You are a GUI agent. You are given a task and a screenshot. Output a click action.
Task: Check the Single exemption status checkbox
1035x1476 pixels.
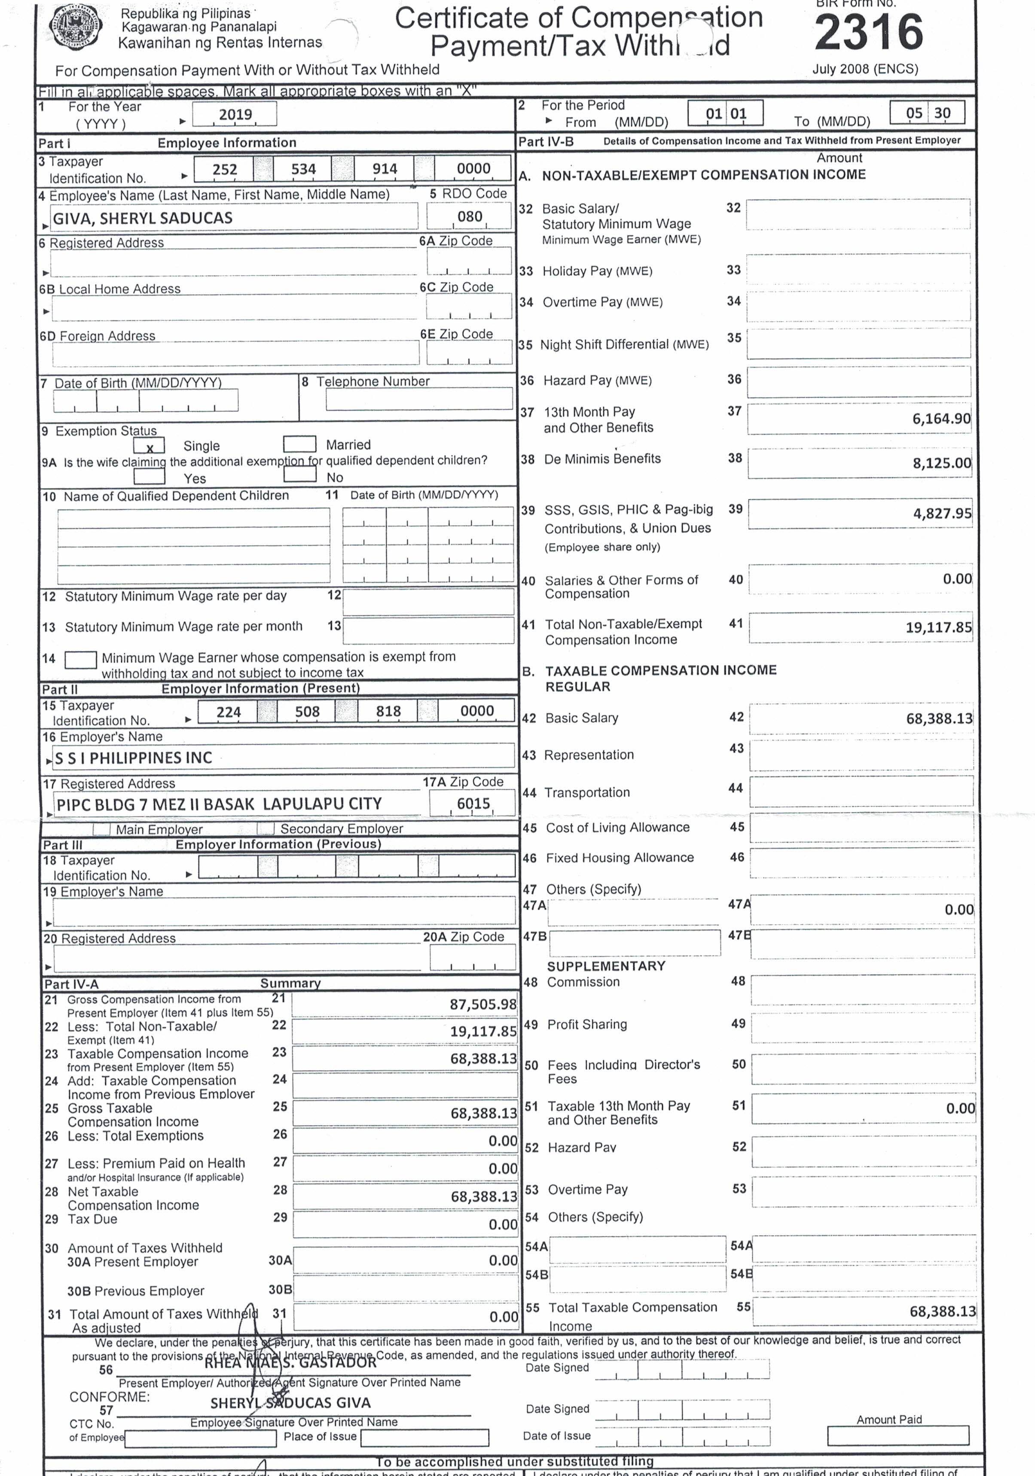(149, 445)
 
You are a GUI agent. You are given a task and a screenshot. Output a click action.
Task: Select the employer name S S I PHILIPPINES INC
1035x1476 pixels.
(134, 758)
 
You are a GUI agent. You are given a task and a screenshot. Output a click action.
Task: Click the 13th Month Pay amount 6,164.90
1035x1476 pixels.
(940, 419)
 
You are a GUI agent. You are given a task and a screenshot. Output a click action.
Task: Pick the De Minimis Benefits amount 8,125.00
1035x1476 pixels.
(941, 463)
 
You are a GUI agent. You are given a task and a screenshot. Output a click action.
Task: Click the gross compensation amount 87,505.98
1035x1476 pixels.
(482, 1004)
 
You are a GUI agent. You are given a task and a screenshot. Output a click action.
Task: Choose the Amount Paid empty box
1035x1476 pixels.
(898, 1436)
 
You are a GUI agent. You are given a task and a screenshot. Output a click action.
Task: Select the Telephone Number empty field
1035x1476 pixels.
(419, 400)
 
